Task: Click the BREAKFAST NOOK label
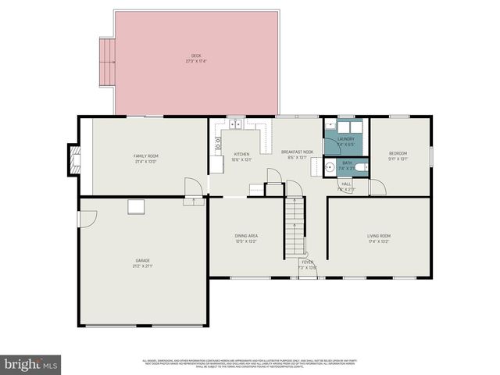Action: point(297,155)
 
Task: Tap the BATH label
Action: point(346,166)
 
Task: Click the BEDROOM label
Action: point(399,155)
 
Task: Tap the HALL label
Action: point(346,186)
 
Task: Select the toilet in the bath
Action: point(358,166)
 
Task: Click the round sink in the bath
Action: point(331,166)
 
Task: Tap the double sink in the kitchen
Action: point(235,123)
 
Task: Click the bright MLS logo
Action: point(30,363)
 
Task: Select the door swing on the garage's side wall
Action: point(87,219)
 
